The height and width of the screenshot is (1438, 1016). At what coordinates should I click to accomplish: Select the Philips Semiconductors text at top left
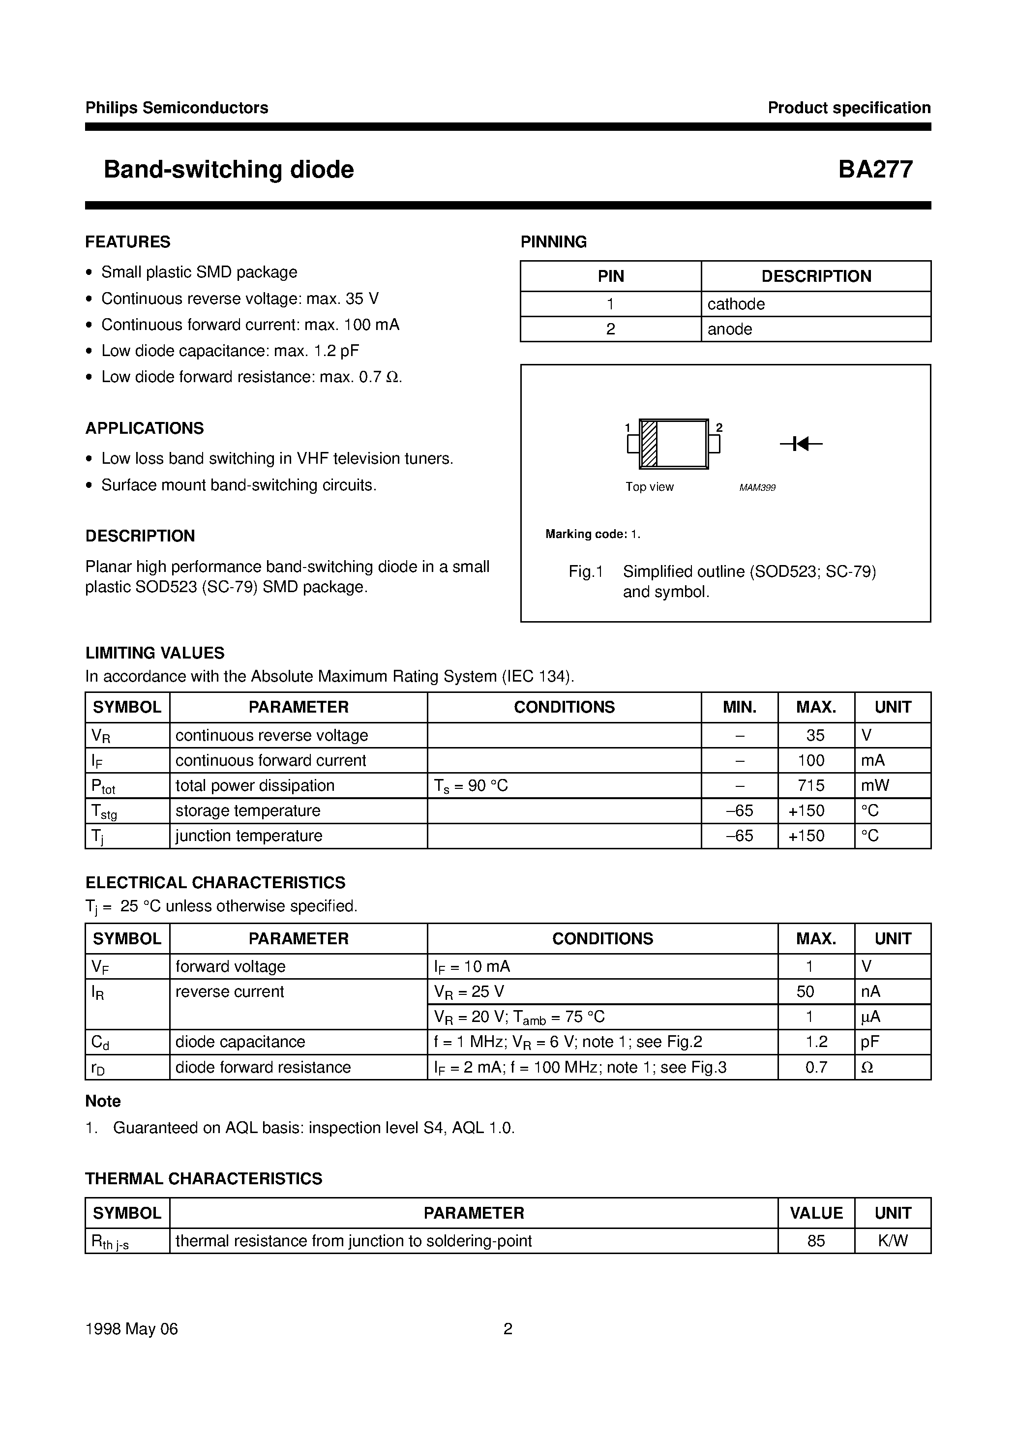pyautogui.click(x=177, y=108)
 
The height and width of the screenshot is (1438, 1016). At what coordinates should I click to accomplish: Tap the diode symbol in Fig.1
pyautogui.click(x=800, y=444)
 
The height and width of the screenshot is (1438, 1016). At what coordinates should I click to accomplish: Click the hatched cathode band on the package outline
pyautogui.click(x=649, y=444)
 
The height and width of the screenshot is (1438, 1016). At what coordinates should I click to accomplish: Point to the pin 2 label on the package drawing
pyautogui.click(x=719, y=428)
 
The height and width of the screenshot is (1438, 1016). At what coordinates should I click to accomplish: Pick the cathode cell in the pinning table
pyautogui.click(x=736, y=304)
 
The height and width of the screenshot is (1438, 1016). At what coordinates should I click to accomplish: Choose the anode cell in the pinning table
pyautogui.click(x=730, y=330)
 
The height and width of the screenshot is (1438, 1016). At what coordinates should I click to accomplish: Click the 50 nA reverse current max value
pyautogui.click(x=806, y=991)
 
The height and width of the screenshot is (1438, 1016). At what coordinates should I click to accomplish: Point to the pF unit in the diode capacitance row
pyautogui.click(x=870, y=1042)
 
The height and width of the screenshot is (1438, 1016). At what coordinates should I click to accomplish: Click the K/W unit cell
pyautogui.click(x=892, y=1241)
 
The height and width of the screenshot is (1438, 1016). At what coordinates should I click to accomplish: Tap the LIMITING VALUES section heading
pyautogui.click(x=155, y=653)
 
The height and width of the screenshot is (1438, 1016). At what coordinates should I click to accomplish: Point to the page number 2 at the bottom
pyautogui.click(x=508, y=1328)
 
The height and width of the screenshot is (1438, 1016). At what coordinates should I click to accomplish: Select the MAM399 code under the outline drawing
pyautogui.click(x=757, y=487)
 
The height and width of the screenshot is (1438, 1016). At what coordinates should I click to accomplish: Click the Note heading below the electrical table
pyautogui.click(x=103, y=1101)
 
